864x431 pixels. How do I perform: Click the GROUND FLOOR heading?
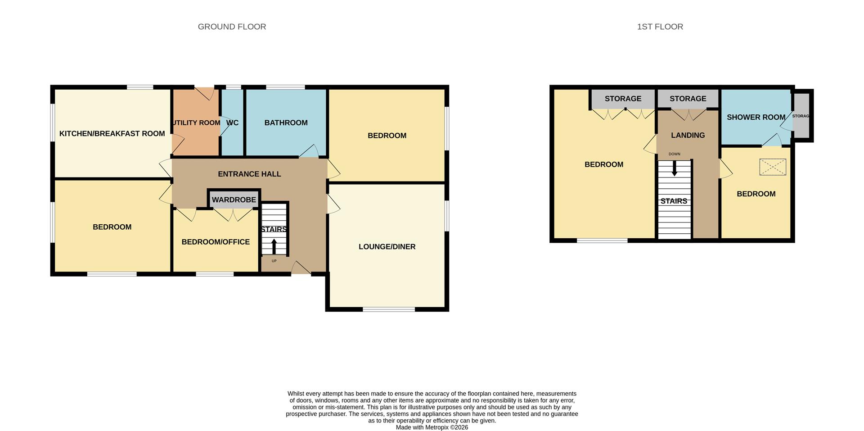(232, 27)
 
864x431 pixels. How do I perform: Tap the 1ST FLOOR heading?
(660, 27)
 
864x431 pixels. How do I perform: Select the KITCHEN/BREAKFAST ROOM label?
(112, 133)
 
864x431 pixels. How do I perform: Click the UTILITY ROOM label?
(196, 122)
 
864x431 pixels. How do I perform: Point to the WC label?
(232, 122)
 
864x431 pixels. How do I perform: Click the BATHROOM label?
(286, 122)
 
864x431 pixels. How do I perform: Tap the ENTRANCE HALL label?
(249, 174)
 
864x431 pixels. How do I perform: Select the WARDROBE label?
(234, 200)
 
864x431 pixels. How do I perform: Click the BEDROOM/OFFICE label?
(216, 242)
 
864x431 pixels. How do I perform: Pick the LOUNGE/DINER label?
(387, 246)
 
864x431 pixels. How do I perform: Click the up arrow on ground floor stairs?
(274, 246)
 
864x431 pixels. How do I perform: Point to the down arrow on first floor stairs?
(674, 168)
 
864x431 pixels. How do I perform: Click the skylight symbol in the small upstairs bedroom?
(773, 167)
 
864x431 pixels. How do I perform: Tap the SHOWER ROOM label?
(756, 117)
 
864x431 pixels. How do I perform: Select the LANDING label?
(688, 135)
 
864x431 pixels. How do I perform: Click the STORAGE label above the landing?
(688, 99)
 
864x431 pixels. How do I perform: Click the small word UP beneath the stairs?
(274, 261)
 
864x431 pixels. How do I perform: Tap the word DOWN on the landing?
(674, 154)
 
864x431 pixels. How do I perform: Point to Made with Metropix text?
(432, 427)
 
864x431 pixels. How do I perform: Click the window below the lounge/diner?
(389, 309)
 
